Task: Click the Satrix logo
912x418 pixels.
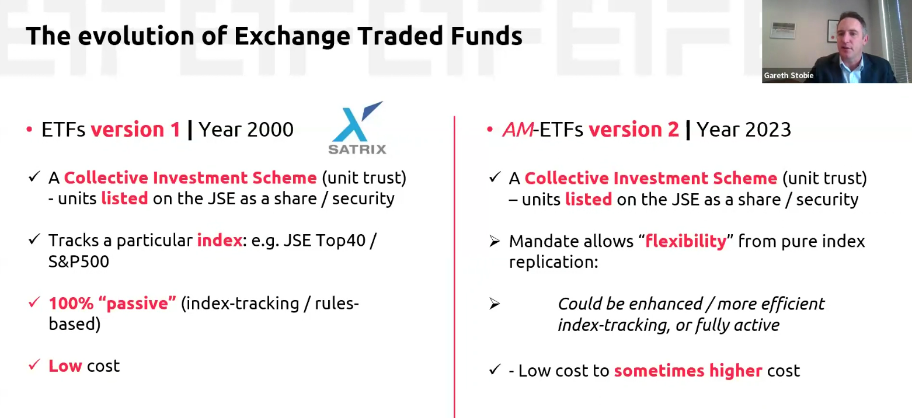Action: (x=357, y=128)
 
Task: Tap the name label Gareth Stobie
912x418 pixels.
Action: (x=788, y=75)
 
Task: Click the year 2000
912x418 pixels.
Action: (x=270, y=130)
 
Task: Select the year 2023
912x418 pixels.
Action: (x=767, y=130)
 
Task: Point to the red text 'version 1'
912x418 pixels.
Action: (x=135, y=130)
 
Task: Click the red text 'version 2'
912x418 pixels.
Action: (x=634, y=130)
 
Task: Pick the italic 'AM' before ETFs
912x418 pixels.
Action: (x=518, y=130)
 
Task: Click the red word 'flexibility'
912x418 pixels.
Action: (x=686, y=241)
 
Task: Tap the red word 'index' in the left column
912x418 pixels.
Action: (x=220, y=241)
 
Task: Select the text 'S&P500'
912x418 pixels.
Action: (x=79, y=262)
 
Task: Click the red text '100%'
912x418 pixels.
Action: (x=71, y=303)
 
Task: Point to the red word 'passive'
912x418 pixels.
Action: (x=138, y=304)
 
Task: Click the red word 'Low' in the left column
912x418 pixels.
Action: (x=65, y=366)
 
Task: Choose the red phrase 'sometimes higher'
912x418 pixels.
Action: (x=688, y=371)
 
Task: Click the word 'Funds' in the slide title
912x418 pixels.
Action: (x=486, y=36)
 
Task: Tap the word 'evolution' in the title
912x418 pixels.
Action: (x=136, y=36)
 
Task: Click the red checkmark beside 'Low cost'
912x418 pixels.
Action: (x=34, y=364)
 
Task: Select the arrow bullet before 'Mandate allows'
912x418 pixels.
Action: (x=495, y=241)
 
